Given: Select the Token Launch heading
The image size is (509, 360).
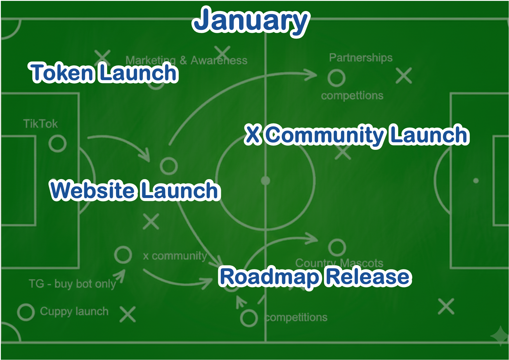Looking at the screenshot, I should point(104,73).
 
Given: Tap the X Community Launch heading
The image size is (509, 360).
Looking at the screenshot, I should point(356,135).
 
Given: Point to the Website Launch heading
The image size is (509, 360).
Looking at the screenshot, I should point(135,190).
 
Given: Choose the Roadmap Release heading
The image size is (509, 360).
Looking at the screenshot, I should point(315,276).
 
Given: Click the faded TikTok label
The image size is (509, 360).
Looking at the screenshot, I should point(41,124).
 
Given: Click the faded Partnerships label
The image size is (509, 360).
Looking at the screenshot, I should point(360,58).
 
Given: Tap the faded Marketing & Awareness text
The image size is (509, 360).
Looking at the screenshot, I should point(186,60).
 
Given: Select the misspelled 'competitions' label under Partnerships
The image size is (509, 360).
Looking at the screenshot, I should point(352,96).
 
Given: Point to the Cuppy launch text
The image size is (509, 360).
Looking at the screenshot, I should point(74,311).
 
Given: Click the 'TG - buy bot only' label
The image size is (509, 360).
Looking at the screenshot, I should point(72,284).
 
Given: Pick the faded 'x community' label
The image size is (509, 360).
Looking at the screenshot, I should point(175,256).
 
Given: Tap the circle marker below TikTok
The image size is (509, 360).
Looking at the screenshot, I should point(57,143).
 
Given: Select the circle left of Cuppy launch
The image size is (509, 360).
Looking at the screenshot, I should point(26,312).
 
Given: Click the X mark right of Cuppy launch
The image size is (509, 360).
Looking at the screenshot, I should point(128,314).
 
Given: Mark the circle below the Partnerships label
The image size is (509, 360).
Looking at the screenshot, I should point(337,78).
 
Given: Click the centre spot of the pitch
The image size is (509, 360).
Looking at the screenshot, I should point(265,181).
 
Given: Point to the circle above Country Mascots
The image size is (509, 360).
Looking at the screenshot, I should point(337,248).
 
